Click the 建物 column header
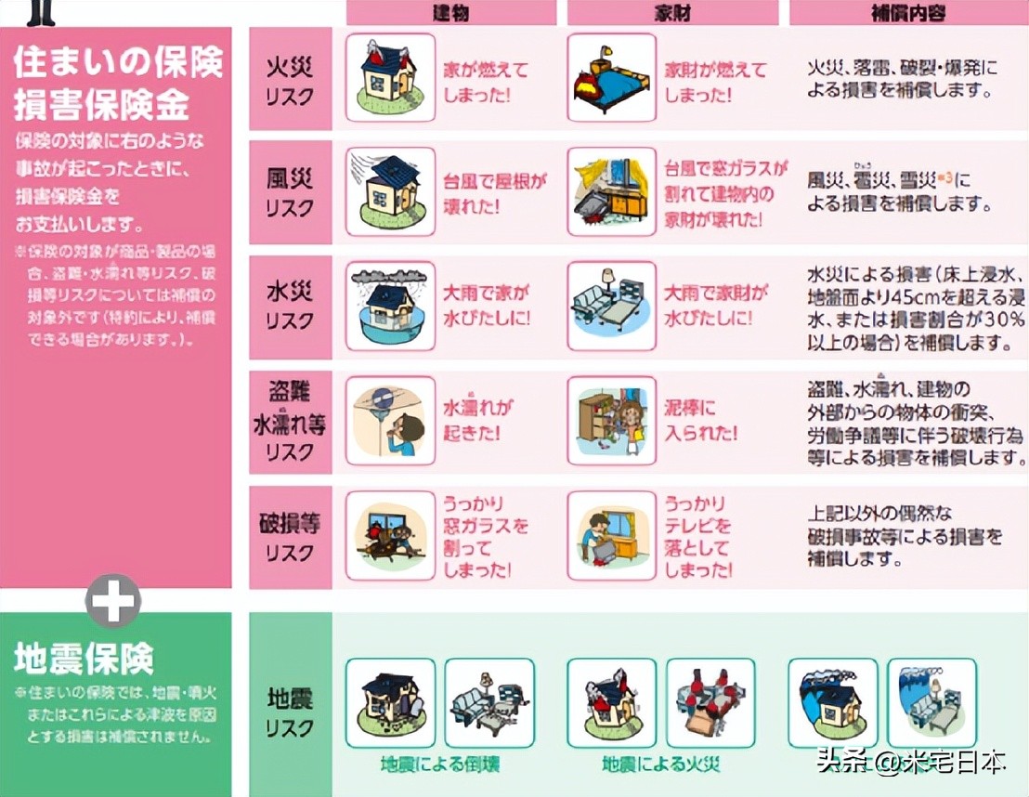coord(451,12)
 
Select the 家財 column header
coord(672,12)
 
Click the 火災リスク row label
coord(290,80)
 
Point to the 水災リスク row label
coord(290,307)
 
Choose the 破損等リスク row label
coord(290,537)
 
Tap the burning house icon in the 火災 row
coord(390,78)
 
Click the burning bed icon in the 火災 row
coord(611,78)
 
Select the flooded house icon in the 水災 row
coord(390,306)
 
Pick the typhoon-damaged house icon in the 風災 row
coord(390,191)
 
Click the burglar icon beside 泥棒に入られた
coord(611,421)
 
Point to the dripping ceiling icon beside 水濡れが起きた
coord(390,421)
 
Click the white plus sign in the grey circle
coord(113,601)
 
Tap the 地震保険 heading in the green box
coord(84,659)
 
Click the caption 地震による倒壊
coord(439,764)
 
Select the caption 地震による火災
coord(660,764)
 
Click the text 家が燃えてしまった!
coord(486,82)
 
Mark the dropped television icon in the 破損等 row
coord(611,536)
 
